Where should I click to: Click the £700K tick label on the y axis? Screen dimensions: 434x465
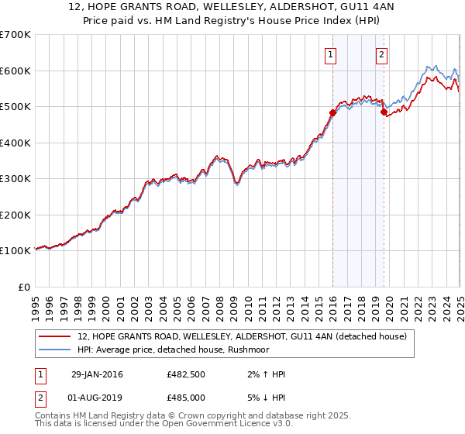coord(15,35)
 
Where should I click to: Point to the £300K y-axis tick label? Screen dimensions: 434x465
coord(15,179)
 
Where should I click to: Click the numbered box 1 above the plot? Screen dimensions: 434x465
coord(331,54)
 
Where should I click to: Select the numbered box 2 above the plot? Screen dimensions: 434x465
coord(382,54)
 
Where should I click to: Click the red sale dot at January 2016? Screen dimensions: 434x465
coord(332,112)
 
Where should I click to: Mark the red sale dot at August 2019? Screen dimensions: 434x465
coord(383,112)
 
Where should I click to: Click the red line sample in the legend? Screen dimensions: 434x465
coord(54,336)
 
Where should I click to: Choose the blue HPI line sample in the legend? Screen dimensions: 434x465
coord(54,350)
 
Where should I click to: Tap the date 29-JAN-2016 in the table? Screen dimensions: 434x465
coord(97,374)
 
